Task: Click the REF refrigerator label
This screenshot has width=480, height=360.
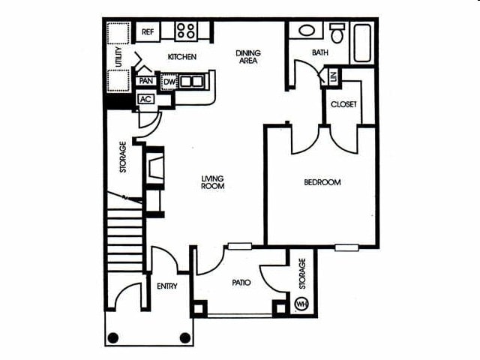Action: click(x=148, y=31)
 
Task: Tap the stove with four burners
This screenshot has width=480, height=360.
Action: click(x=185, y=31)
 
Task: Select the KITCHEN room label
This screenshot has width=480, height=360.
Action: click(x=182, y=57)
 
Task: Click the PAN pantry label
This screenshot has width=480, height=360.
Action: click(x=146, y=81)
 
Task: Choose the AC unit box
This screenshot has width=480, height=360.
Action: click(x=145, y=99)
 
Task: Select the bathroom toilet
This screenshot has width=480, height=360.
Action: click(x=337, y=33)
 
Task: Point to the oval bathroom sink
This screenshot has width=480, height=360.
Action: click(x=307, y=31)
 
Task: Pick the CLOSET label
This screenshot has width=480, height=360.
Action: click(x=343, y=104)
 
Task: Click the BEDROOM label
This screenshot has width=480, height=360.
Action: click(x=322, y=182)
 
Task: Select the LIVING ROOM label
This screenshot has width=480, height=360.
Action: click(x=213, y=182)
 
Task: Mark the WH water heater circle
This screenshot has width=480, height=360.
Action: click(x=301, y=304)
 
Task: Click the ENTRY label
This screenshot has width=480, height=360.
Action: click(x=166, y=286)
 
